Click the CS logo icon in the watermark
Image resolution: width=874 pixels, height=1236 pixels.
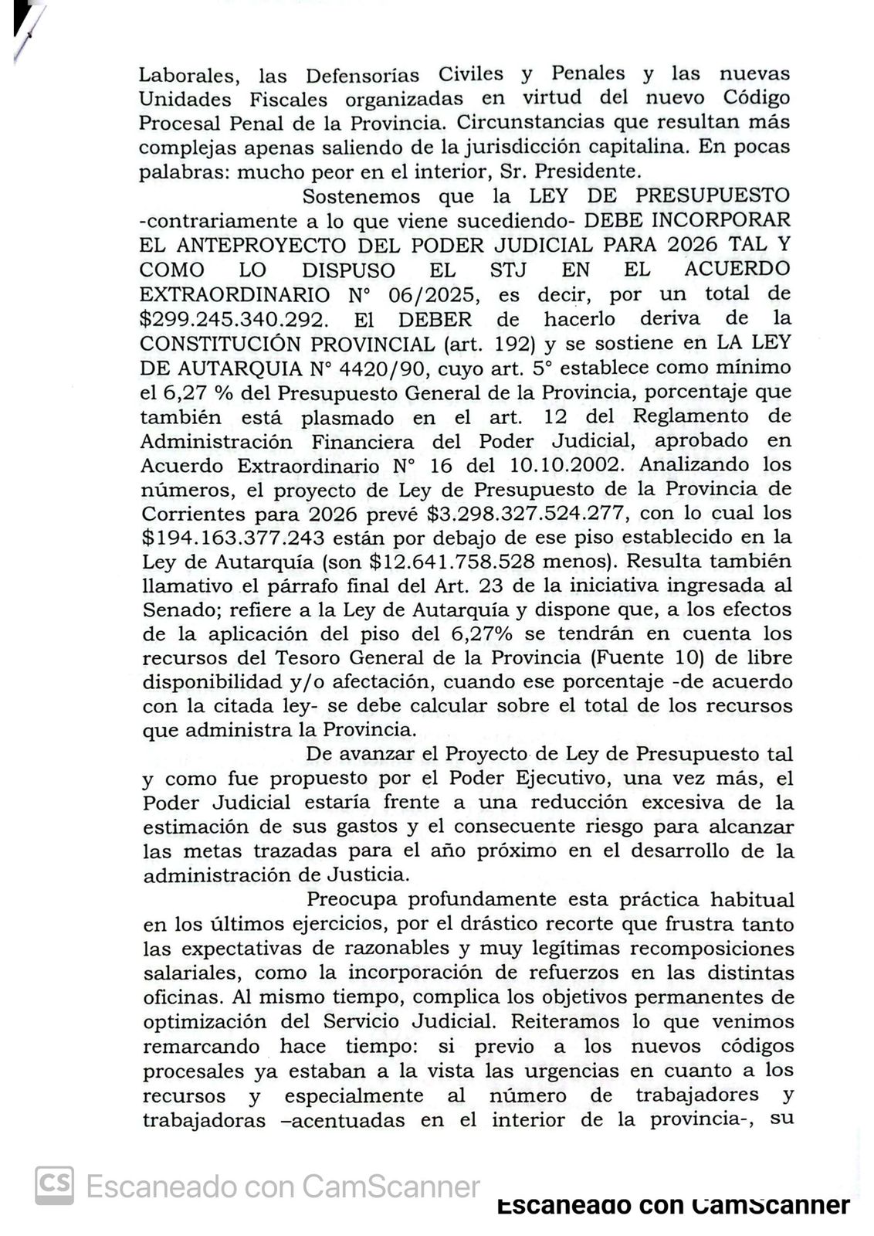coord(55,1186)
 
